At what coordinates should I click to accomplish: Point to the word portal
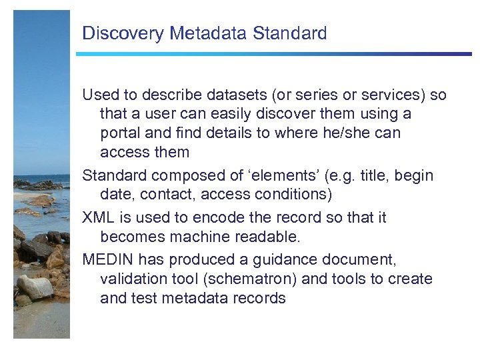(x=121, y=133)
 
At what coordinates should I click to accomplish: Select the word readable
(x=269, y=237)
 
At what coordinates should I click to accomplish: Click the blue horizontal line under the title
(x=273, y=54)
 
